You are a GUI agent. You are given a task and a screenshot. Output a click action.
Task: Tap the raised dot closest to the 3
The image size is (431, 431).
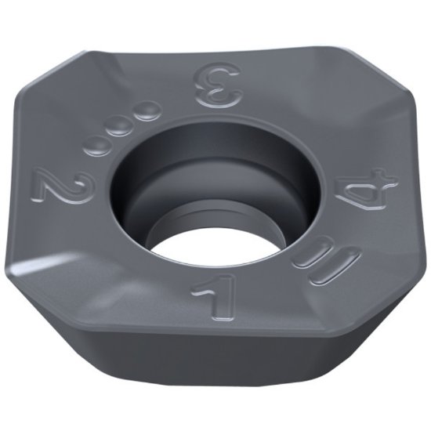pyautogui.click(x=144, y=115)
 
